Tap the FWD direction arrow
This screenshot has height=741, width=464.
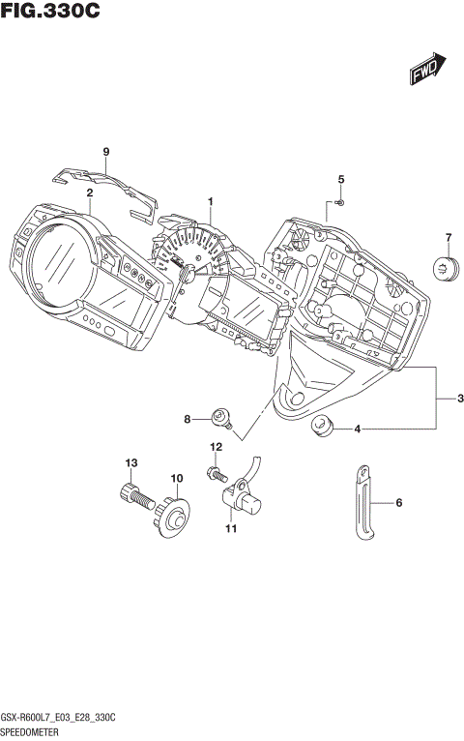pyautogui.click(x=426, y=69)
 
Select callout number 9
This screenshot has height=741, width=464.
pyautogui.click(x=106, y=151)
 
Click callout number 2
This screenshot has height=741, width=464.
pyautogui.click(x=89, y=193)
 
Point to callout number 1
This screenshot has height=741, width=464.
pyautogui.click(x=210, y=201)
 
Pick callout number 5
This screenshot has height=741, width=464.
pyautogui.click(x=340, y=180)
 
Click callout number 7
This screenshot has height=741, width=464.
pyautogui.click(x=449, y=238)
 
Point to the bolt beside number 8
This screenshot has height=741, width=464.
pyautogui.click(x=224, y=418)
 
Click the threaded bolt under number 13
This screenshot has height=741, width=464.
pyautogui.click(x=135, y=499)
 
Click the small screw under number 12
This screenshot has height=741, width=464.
pyautogui.click(x=214, y=472)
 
